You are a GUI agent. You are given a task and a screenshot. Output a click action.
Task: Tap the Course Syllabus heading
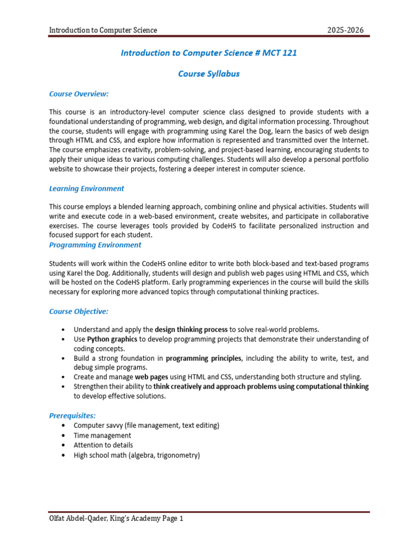(209, 74)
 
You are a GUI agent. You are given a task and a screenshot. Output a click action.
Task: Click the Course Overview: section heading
(79, 94)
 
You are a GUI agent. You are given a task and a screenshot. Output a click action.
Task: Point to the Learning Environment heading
(87, 189)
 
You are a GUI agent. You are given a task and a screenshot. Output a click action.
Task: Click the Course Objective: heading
(79, 311)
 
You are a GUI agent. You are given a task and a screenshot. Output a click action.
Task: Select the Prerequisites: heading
(73, 415)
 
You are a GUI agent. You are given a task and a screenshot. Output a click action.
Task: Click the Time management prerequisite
(102, 435)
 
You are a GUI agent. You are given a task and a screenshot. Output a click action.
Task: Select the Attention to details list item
(103, 445)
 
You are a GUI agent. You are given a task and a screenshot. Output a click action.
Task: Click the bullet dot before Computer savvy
(64, 426)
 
